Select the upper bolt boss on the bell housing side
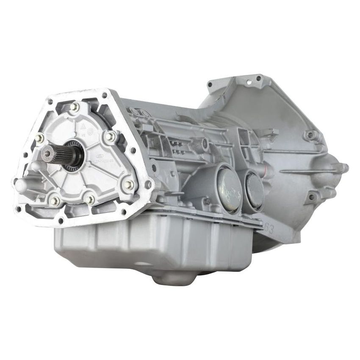click(x=311, y=135)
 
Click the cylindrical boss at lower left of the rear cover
click(x=22, y=184)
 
